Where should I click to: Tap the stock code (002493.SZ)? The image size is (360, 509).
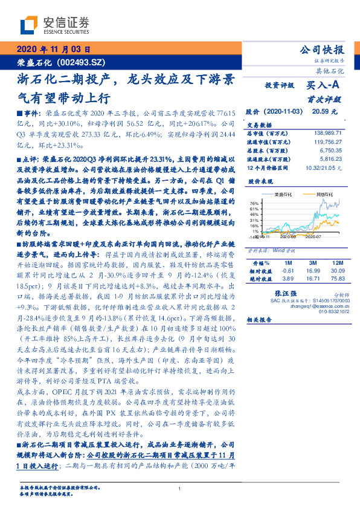[x=80, y=62]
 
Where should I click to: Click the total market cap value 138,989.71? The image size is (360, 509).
[x=326, y=131]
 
